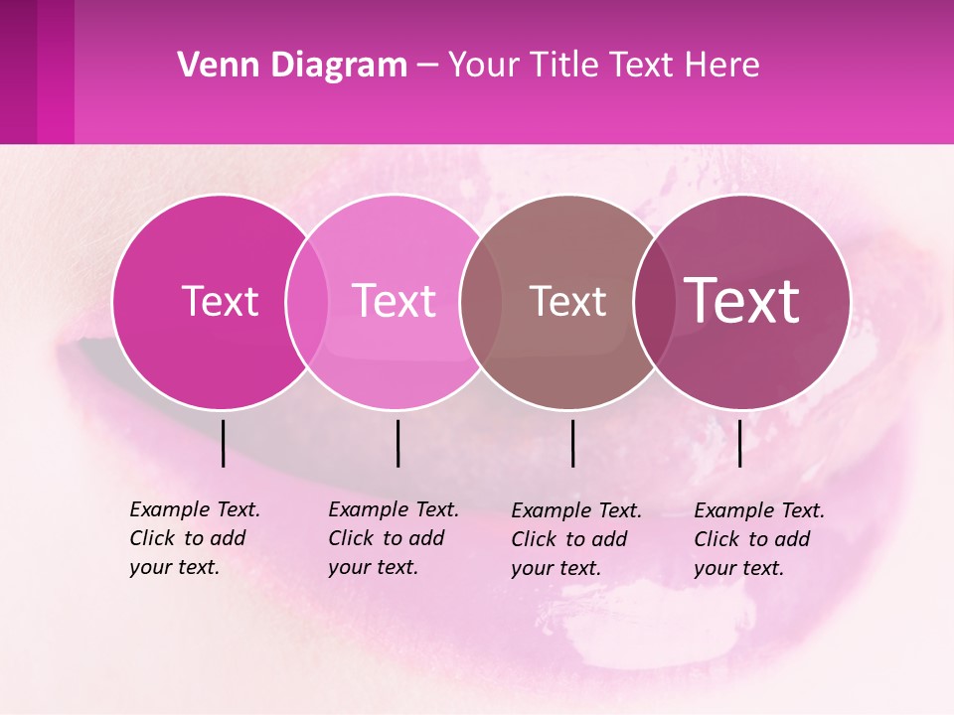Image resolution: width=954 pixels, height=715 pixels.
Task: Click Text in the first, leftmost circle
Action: click(x=220, y=301)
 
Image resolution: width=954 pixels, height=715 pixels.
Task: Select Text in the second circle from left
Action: click(x=394, y=301)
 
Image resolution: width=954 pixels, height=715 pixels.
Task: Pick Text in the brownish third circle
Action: click(x=567, y=301)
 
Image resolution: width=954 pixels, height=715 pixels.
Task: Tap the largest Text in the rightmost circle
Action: click(x=742, y=300)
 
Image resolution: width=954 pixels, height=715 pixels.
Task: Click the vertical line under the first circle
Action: click(x=223, y=443)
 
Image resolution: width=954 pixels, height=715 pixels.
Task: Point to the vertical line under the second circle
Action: click(x=397, y=443)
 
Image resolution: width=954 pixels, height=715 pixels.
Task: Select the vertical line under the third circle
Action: click(x=572, y=443)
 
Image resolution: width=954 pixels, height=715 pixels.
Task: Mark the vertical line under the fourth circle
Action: click(x=739, y=443)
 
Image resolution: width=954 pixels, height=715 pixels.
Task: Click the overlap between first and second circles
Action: click(x=307, y=302)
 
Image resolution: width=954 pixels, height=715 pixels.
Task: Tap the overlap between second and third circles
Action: click(x=480, y=302)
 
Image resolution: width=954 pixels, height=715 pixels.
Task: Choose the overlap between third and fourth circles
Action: click(x=654, y=302)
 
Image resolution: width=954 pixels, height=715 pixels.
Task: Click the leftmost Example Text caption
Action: click(x=194, y=538)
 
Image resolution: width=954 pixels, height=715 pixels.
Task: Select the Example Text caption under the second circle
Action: click(x=393, y=538)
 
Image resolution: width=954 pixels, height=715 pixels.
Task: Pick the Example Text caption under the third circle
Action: click(x=575, y=539)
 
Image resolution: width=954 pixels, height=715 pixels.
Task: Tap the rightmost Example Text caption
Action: click(x=758, y=539)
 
